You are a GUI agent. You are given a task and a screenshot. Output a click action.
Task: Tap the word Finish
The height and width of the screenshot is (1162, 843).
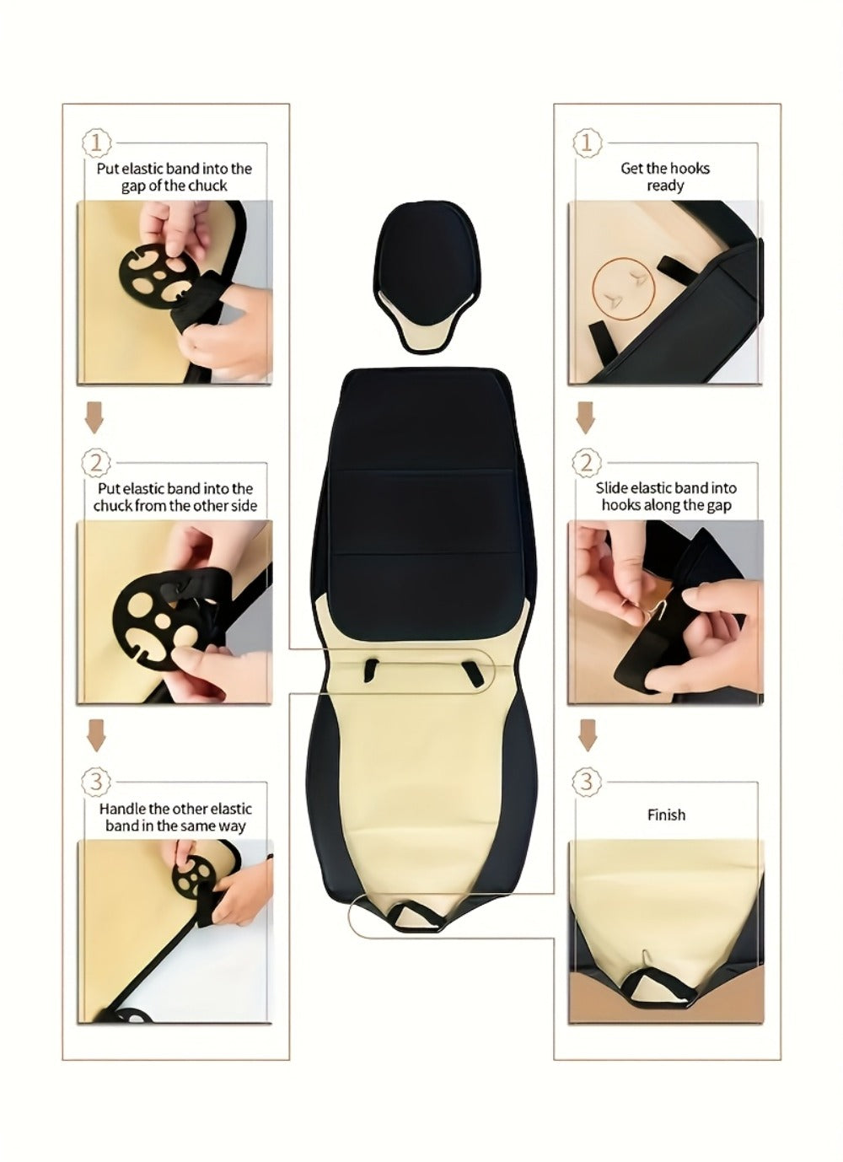coord(666,815)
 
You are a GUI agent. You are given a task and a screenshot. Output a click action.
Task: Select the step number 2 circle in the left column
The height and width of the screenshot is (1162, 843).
coord(96,462)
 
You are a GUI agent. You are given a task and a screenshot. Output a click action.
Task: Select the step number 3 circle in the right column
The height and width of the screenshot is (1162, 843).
coord(587,781)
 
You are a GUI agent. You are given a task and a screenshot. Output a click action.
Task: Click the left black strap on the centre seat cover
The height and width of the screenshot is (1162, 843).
coord(371,670)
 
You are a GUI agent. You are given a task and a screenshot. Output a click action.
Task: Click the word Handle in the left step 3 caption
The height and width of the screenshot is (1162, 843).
coord(118,809)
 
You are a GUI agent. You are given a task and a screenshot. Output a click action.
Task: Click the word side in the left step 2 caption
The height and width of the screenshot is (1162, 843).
coord(244,505)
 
